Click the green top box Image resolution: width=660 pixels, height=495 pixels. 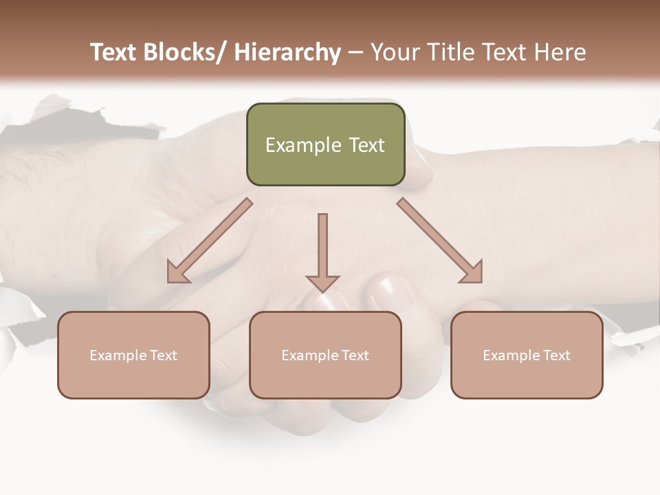coord(325,144)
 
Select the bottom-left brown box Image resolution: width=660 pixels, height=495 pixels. coord(133,355)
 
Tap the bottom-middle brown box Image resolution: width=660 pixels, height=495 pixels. coord(325,355)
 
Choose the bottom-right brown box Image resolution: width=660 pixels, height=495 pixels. coord(527,355)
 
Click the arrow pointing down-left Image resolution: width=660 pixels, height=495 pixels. coord(210,241)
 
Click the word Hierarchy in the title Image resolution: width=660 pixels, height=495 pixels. coord(287,52)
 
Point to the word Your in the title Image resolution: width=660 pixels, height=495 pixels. coord(395,52)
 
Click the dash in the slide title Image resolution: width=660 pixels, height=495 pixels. coord(355,52)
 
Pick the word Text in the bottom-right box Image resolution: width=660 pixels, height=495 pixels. coord(555,355)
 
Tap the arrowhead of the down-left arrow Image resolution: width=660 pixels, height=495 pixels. coord(177,273)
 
